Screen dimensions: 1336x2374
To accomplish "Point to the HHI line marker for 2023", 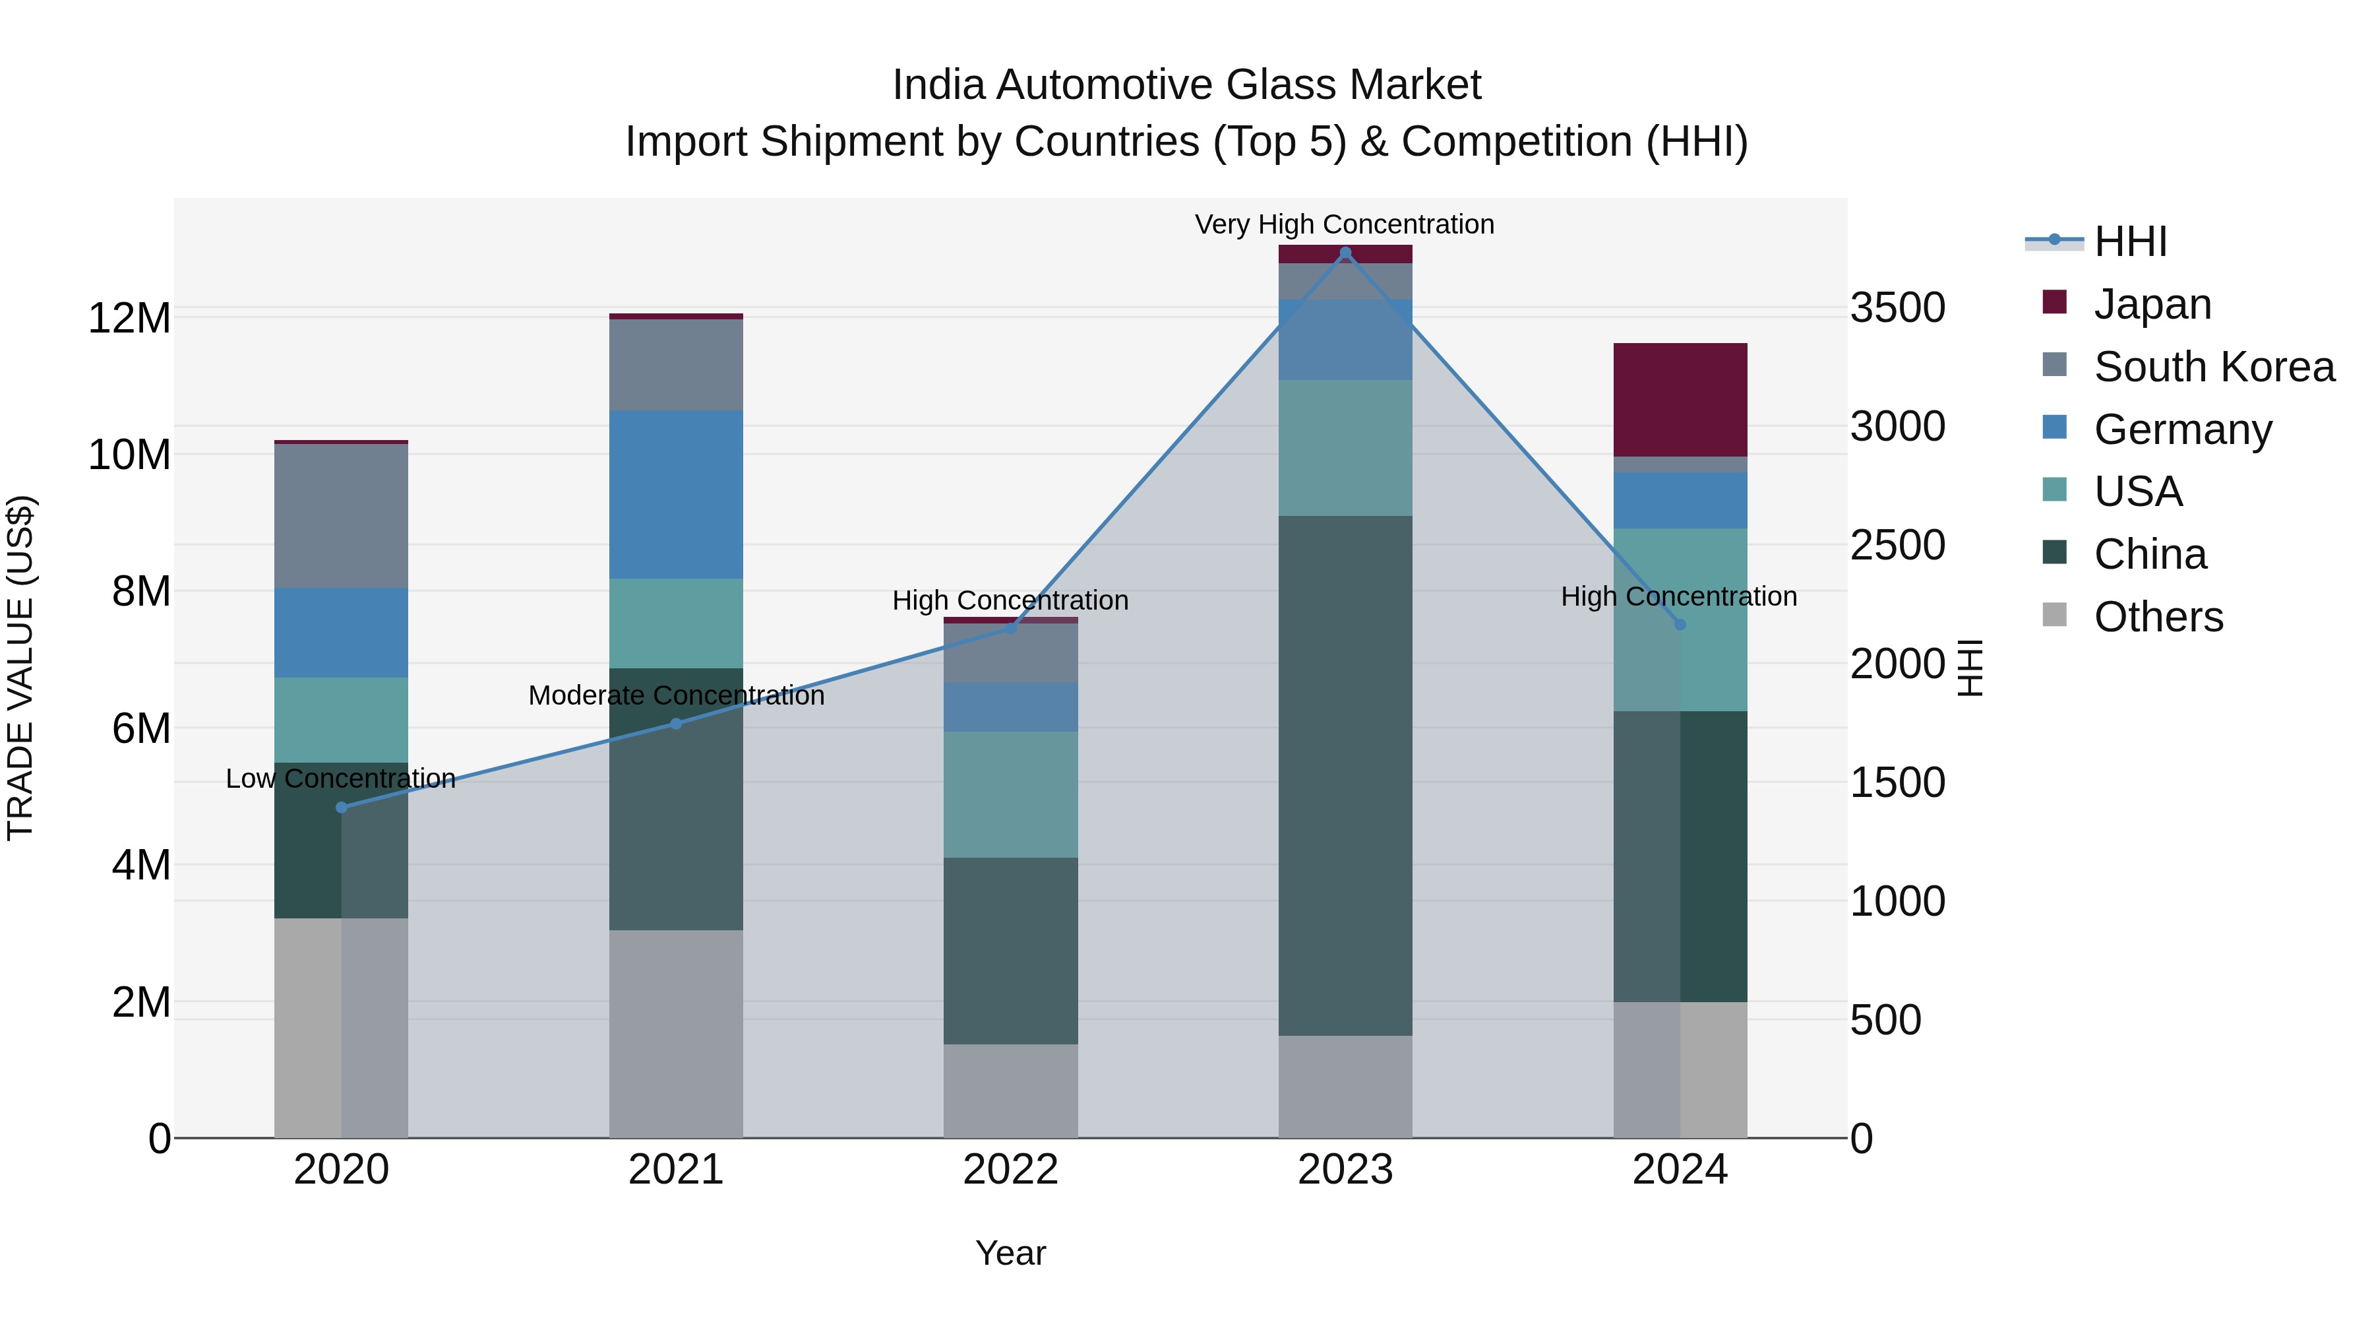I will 1345,253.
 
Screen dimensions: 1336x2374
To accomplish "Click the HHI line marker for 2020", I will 341,807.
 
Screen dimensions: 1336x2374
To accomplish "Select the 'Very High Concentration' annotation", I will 1344,224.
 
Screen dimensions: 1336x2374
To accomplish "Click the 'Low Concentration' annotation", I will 340,779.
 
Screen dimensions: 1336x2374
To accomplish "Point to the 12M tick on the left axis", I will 129,318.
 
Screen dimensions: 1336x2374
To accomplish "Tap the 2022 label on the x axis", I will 1010,1170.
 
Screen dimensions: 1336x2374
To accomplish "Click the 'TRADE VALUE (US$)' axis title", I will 20,668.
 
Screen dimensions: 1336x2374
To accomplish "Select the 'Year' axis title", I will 1010,1253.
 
